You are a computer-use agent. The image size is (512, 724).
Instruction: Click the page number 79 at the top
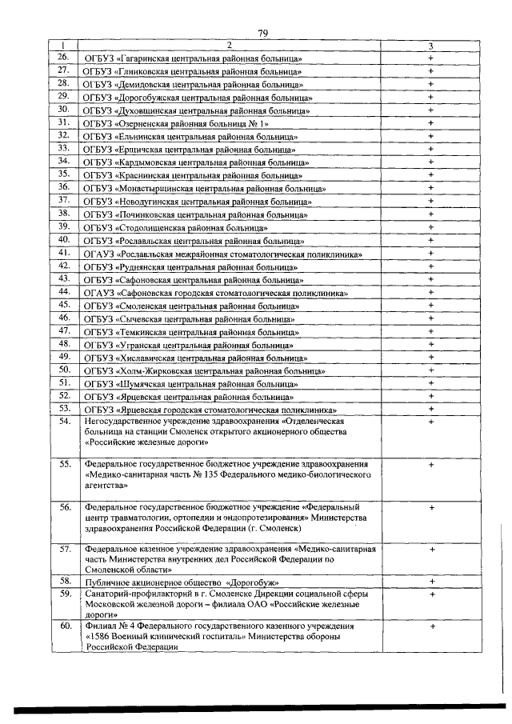coord(262,33)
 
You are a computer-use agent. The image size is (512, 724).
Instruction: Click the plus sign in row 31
coord(430,122)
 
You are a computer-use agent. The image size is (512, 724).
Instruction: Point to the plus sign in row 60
coord(430,626)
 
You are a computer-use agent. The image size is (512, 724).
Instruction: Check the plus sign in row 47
coord(430,331)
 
